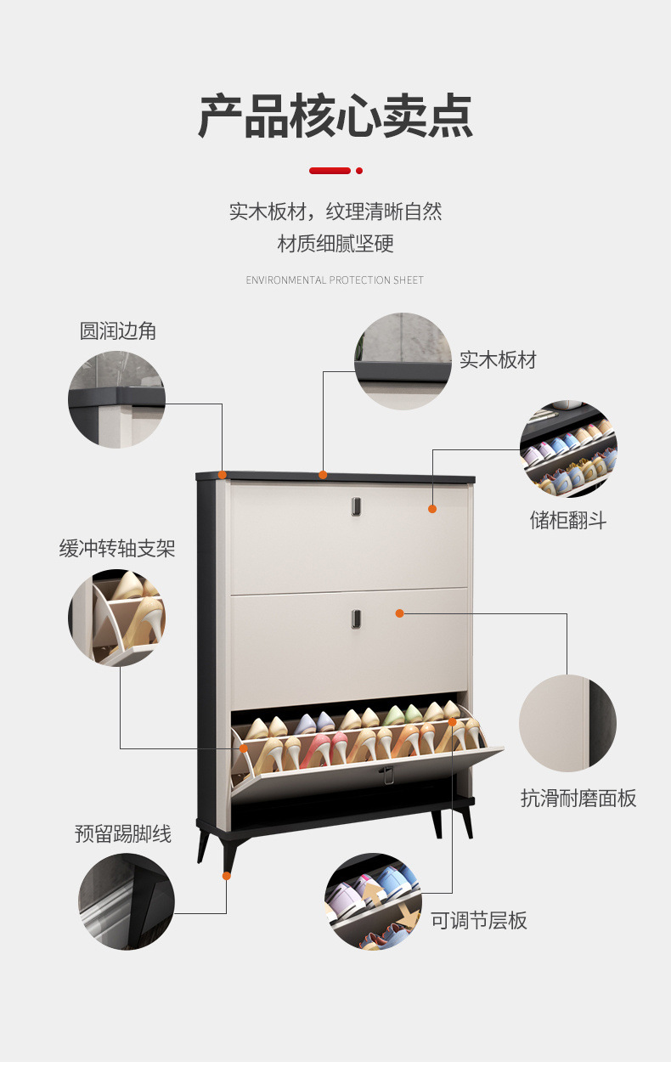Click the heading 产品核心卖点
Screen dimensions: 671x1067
click(x=335, y=117)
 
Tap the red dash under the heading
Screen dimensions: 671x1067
click(x=330, y=171)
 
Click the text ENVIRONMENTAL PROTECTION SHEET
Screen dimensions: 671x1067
click(x=335, y=280)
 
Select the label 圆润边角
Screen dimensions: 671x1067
click(x=118, y=330)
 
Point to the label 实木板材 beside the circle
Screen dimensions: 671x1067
click(x=498, y=359)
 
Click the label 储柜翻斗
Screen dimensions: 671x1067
click(x=568, y=520)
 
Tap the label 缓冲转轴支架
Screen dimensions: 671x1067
click(x=117, y=548)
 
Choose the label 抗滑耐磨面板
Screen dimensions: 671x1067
click(x=578, y=798)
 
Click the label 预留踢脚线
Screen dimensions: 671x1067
click(x=123, y=833)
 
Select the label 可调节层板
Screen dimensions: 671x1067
click(x=479, y=920)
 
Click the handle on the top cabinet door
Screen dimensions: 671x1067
click(x=353, y=506)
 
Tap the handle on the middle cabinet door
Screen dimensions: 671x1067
click(x=353, y=618)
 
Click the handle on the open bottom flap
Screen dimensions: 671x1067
click(x=386, y=774)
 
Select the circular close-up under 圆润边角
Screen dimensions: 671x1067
click(x=116, y=399)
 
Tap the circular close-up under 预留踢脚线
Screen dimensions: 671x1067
click(x=127, y=901)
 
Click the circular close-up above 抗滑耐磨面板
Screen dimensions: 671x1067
click(x=567, y=723)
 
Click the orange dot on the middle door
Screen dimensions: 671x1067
click(x=399, y=613)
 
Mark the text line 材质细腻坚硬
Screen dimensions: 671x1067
click(x=335, y=245)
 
